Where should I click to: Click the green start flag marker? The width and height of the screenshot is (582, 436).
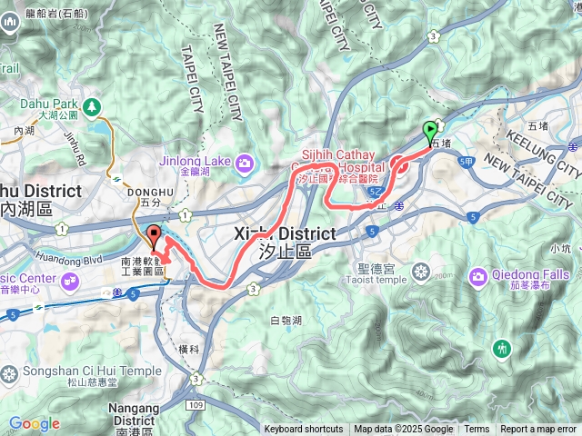click(x=430, y=134)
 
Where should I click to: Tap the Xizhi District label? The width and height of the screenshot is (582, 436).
click(x=285, y=234)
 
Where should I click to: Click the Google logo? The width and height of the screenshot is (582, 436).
click(x=34, y=424)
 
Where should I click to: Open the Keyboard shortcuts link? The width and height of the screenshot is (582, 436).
click(x=304, y=430)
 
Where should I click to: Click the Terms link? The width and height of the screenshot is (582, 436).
click(x=477, y=430)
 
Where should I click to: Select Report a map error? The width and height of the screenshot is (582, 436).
click(x=538, y=430)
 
